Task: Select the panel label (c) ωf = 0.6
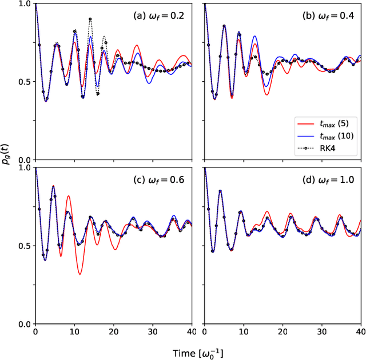tap(158, 179)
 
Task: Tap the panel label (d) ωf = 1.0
tap(329, 179)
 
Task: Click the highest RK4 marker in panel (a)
tap(90, 19)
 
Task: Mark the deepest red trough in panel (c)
tap(79, 275)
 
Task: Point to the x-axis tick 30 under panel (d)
tap(322, 331)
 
